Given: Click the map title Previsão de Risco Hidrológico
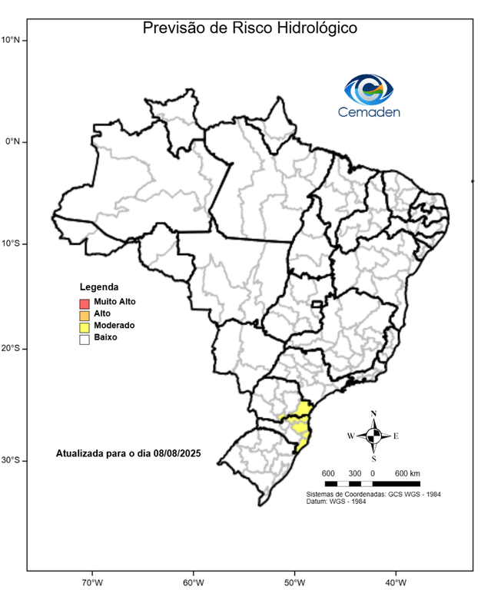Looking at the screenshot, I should pyautogui.click(x=250, y=28).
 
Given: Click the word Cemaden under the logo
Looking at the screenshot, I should pyautogui.click(x=369, y=112).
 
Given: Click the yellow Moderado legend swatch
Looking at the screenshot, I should pyautogui.click(x=85, y=326).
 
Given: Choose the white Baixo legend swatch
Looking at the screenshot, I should pyautogui.click(x=85, y=338).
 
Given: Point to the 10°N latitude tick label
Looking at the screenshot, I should pyautogui.click(x=15, y=39).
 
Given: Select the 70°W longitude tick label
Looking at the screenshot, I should pyautogui.click(x=92, y=582).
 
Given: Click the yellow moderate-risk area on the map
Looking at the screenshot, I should pyautogui.click(x=296, y=423).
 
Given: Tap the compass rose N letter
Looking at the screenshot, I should pyautogui.click(x=373, y=414).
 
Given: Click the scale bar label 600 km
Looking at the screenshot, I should pyautogui.click(x=406, y=472).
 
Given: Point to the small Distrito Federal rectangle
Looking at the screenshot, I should pyautogui.click(x=316, y=305).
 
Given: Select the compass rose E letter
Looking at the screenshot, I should pyautogui.click(x=396, y=436).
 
